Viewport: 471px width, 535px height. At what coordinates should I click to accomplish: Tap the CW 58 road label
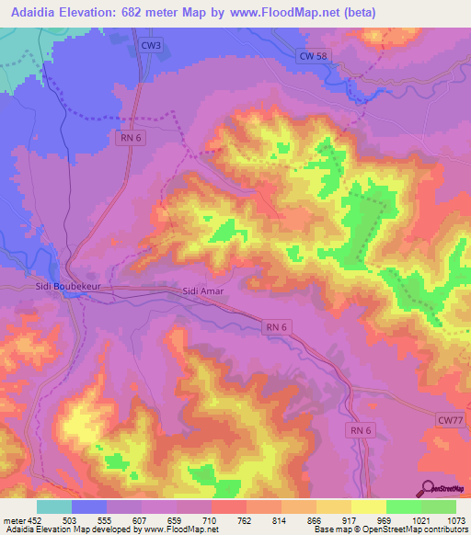[x=314, y=56]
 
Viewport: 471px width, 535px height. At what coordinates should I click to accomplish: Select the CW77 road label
[x=449, y=419]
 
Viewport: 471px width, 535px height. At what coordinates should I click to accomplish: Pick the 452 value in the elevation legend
[x=35, y=519]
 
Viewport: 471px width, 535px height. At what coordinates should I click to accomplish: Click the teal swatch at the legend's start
[x=53, y=507]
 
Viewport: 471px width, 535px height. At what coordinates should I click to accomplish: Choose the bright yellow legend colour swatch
[x=368, y=507]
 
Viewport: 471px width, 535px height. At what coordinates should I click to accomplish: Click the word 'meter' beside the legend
[x=14, y=519]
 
